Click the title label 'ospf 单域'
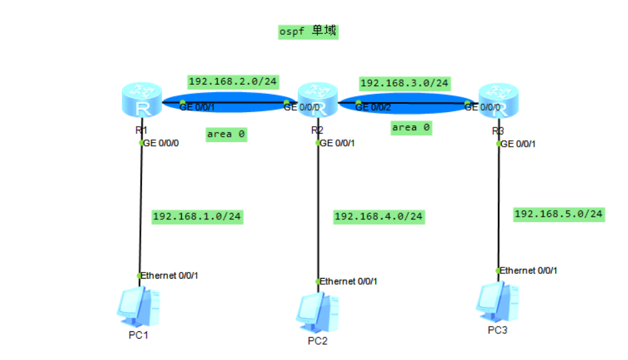click(x=308, y=31)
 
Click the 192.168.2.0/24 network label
click(x=233, y=81)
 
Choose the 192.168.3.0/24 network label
click(x=404, y=83)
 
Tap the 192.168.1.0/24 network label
click(x=197, y=217)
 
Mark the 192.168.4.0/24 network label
click(x=378, y=217)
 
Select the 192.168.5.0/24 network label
click(x=559, y=214)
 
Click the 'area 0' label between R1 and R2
click(x=226, y=134)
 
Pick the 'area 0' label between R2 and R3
click(x=411, y=127)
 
